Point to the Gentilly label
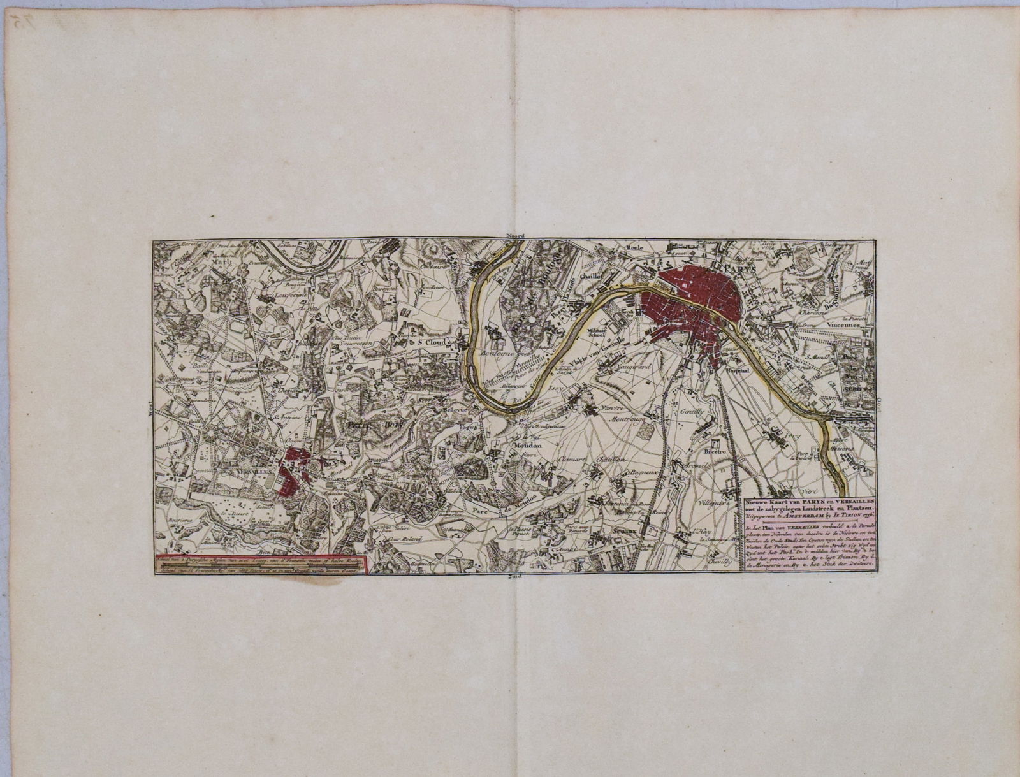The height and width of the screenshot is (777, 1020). [x=689, y=412]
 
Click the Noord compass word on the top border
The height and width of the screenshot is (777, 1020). [x=514, y=236]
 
